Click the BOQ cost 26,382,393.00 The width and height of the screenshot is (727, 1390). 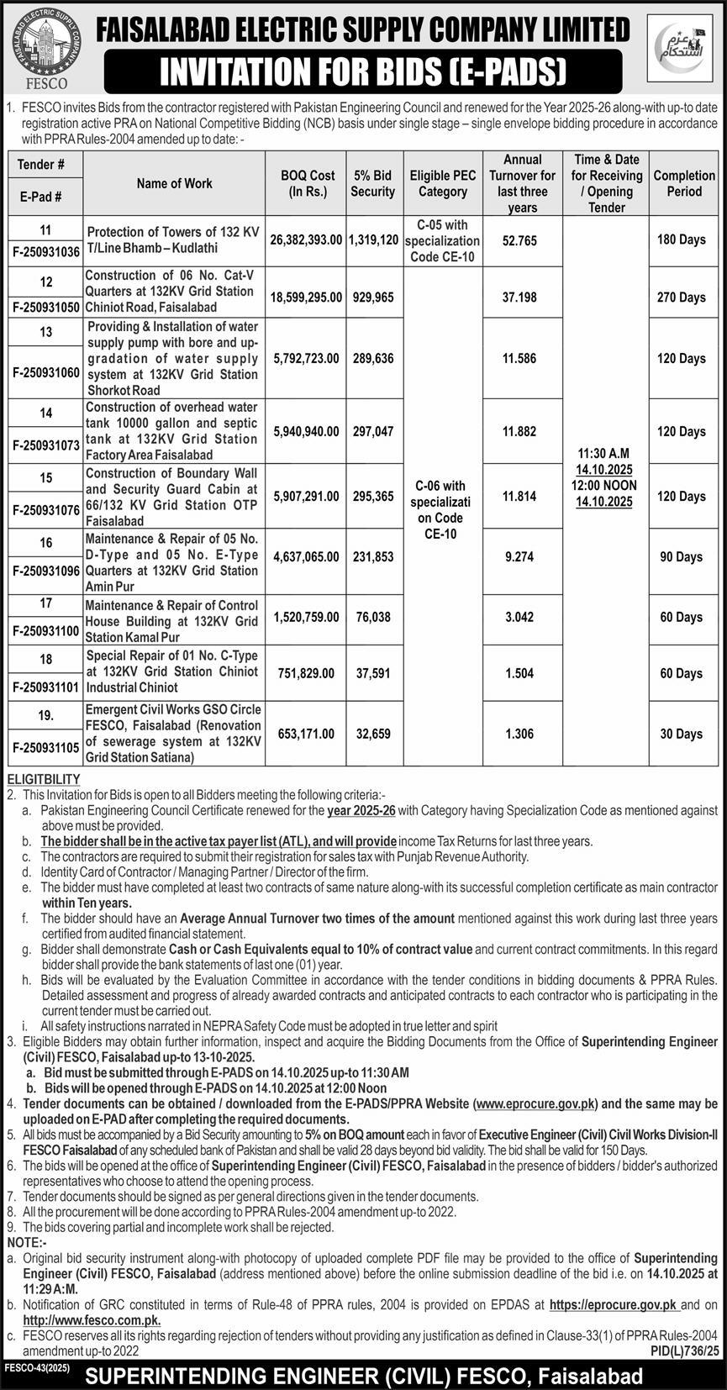coord(306,240)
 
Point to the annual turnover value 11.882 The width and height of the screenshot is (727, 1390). coord(519,431)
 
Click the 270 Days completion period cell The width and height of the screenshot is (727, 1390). coord(682,297)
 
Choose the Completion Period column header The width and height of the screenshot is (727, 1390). coord(683,183)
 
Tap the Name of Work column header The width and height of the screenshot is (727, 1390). coord(174,183)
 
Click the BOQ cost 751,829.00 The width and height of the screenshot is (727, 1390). coord(306,673)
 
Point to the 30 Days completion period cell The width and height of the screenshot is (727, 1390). coord(682,734)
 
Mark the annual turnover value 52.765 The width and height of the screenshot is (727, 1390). coord(519,240)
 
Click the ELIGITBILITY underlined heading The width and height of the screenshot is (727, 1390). coord(42,780)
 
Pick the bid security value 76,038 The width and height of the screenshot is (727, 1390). coord(373,617)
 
